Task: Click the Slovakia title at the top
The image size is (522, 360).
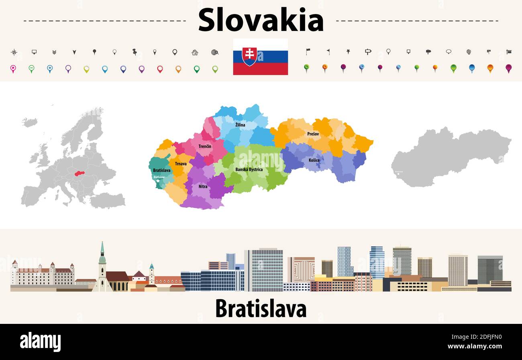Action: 261,20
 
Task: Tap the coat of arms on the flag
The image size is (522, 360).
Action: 249,56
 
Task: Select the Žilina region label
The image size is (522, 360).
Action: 240,125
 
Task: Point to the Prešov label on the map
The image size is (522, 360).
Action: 313,134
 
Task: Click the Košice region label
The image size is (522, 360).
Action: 314,161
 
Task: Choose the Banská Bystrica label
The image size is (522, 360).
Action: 249,169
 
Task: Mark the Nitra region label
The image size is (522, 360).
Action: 203,187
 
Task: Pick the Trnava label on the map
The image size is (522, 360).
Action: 181,164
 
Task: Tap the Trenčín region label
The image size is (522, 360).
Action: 205,146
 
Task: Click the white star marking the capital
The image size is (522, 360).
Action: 158,181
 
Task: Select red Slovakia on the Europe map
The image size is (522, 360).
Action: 81,174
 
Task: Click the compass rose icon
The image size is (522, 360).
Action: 14,52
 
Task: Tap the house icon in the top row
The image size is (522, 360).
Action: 195,52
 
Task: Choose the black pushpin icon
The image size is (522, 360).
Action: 135,52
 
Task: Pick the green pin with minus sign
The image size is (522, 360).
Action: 31,69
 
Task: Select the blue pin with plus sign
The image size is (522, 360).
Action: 50,69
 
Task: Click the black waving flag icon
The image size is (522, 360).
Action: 308,51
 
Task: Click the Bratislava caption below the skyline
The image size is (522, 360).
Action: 261,309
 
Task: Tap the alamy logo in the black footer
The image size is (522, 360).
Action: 40,342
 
